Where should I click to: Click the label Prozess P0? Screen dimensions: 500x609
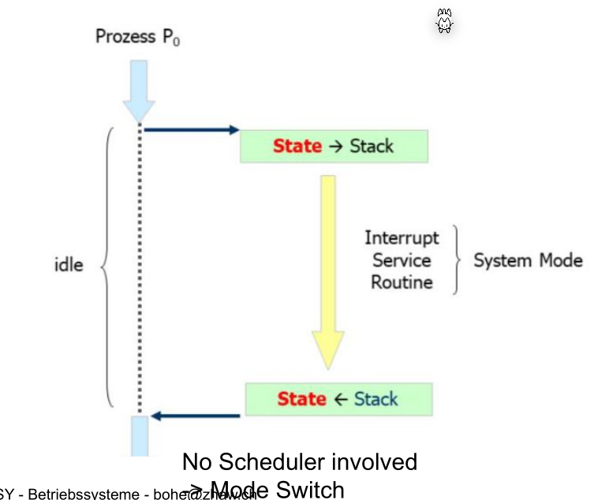[x=137, y=36]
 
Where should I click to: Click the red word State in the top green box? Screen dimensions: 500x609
[x=297, y=146]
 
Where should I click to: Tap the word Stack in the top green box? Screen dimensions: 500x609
[x=371, y=146]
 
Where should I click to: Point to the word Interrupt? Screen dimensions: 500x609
[x=402, y=237]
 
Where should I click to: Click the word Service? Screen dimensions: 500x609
[x=402, y=259]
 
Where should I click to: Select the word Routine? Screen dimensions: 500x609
[x=402, y=282]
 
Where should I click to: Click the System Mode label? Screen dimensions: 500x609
[x=528, y=260]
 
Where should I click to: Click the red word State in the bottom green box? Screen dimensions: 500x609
[x=301, y=399]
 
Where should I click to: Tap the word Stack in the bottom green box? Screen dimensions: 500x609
[x=375, y=399]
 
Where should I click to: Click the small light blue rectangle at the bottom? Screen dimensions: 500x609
[x=139, y=435]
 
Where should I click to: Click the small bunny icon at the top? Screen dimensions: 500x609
[x=444, y=22]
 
